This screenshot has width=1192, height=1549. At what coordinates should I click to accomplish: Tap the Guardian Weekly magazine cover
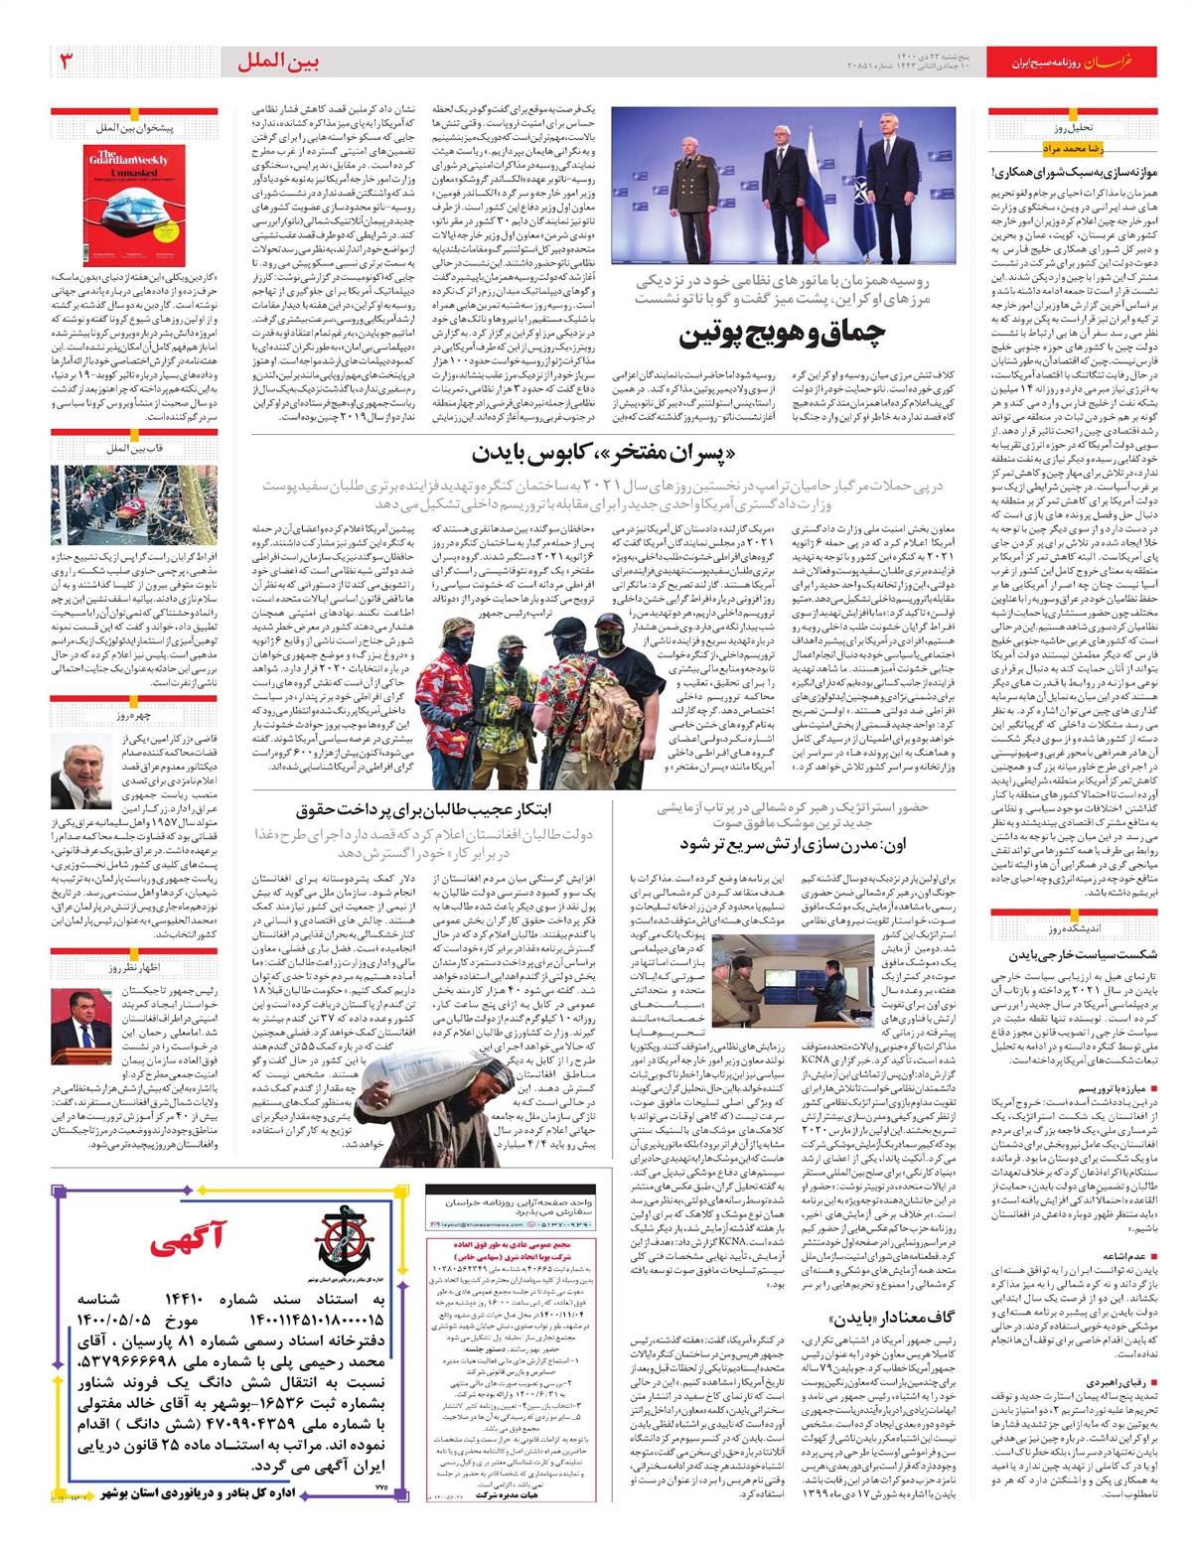(127, 205)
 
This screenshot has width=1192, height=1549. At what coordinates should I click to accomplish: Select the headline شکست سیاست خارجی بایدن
(1083, 954)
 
